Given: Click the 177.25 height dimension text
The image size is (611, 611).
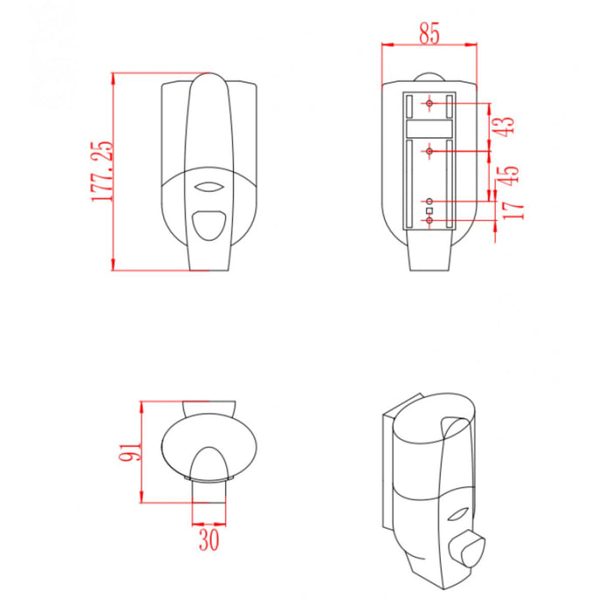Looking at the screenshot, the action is (102, 171).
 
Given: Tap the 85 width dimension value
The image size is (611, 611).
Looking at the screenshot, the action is (429, 33).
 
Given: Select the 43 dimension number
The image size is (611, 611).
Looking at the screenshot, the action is (505, 127).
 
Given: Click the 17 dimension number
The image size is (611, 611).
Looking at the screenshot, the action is (513, 211).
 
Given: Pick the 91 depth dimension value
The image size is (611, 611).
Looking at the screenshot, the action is (130, 451).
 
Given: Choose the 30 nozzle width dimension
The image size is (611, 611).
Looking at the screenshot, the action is (209, 539).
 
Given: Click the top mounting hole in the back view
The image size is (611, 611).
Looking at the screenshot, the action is (429, 103).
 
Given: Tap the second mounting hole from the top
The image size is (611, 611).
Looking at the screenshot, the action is (429, 151).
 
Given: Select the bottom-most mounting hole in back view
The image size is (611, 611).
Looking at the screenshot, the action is (429, 221).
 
